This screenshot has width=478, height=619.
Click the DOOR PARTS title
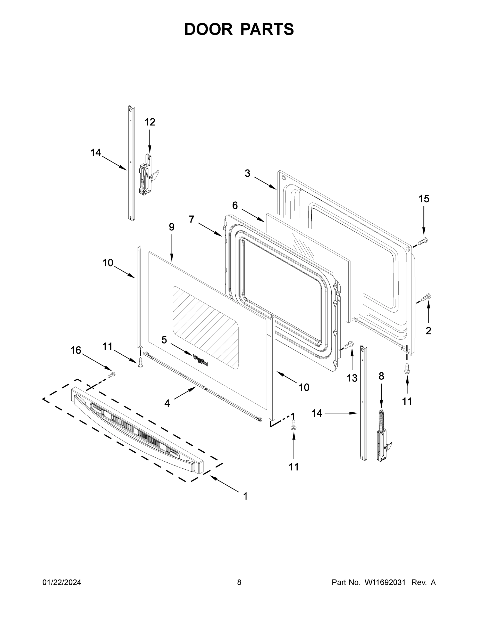[239, 29]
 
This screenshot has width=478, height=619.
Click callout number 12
[150, 122]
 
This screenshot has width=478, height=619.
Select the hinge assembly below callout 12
[147, 176]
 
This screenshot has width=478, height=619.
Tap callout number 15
[424, 199]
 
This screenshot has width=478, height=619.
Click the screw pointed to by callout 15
[423, 241]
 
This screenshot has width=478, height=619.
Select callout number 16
[76, 350]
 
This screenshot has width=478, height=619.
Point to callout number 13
[352, 378]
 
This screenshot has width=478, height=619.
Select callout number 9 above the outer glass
[172, 227]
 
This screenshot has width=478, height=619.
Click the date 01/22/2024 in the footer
[62, 582]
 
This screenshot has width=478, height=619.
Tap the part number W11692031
[385, 582]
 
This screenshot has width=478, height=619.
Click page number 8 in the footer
[239, 582]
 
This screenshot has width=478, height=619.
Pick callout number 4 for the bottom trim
[167, 403]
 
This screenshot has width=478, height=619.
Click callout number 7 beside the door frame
[192, 219]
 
